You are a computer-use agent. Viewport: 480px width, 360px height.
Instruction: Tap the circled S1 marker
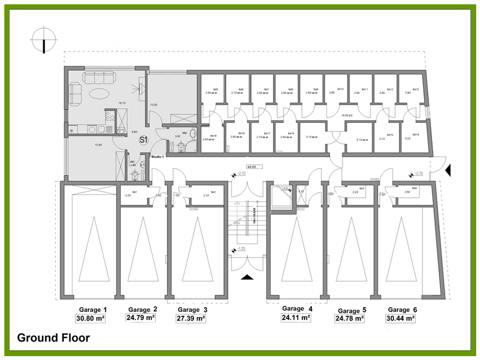tap(143, 140)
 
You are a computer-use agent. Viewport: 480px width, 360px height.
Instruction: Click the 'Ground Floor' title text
tap(53, 338)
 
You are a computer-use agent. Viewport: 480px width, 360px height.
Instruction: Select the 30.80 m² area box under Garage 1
tap(90, 318)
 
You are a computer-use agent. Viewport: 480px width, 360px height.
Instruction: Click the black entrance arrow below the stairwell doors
tap(247, 276)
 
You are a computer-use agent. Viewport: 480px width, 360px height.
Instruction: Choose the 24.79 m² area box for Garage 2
tap(141, 318)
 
